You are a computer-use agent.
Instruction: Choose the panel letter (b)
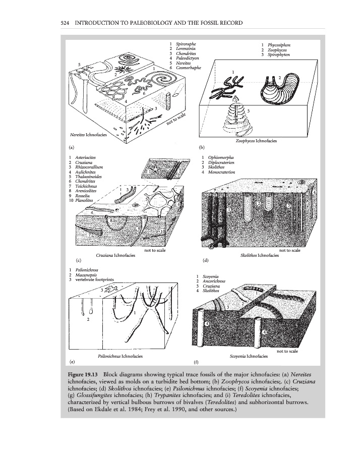tap(202, 148)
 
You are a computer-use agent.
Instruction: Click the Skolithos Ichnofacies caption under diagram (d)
tap(260, 256)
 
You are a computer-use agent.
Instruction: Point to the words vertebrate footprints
tap(94, 279)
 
